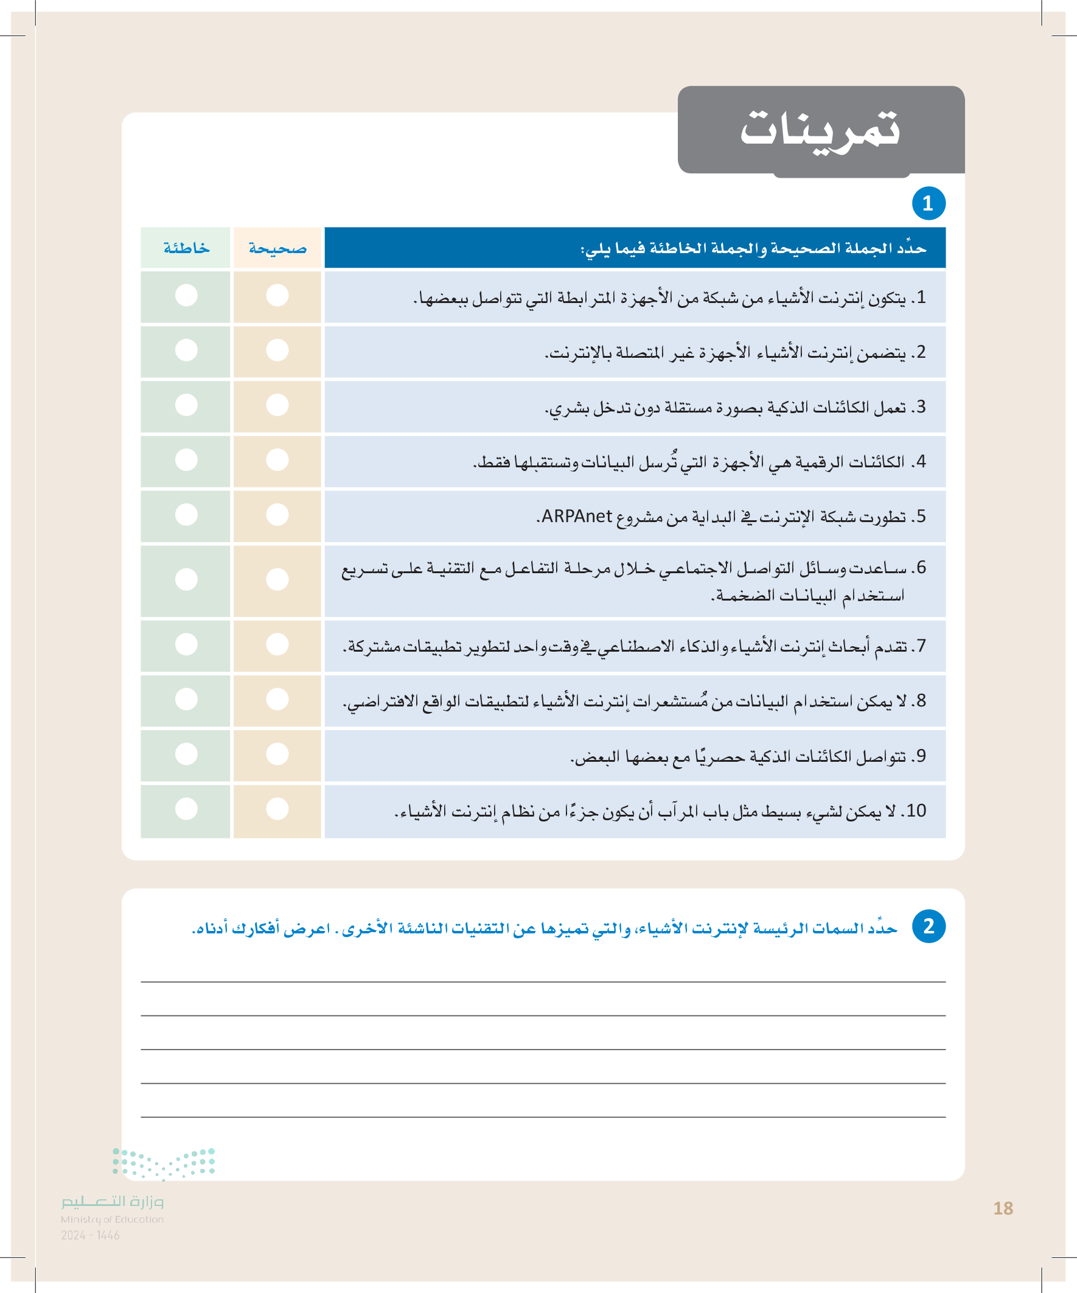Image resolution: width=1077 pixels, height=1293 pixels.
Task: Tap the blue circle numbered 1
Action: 928,203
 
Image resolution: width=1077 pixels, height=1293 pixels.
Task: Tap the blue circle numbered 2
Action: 928,926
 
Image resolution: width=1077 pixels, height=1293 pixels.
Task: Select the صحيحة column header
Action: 277,248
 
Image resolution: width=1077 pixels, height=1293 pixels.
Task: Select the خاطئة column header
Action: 186,248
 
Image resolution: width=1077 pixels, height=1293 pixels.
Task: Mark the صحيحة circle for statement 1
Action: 277,296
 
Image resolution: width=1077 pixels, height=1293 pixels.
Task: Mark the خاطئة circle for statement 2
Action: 186,350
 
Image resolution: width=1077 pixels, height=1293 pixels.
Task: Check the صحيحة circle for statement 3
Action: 277,405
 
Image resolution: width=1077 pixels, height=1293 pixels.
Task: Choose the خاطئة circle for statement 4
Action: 186,460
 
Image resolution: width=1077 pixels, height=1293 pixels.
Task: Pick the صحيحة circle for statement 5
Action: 277,515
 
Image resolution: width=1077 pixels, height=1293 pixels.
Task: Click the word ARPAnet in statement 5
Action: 577,516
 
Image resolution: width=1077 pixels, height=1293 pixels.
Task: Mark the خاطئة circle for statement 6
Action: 186,579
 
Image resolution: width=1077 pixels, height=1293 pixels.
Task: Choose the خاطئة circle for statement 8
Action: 186,700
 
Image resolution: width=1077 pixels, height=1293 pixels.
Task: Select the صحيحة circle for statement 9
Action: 277,755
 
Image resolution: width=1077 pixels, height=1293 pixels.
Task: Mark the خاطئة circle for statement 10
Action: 186,809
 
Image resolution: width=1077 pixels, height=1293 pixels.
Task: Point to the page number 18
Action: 1003,1208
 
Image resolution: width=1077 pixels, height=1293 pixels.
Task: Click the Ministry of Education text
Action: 112,1220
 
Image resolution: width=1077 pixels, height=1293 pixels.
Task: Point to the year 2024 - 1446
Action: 90,1235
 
